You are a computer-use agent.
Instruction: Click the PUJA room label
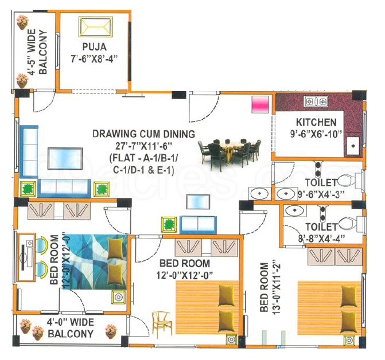pyautogui.click(x=94, y=46)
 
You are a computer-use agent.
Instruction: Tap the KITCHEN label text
pyautogui.click(x=316, y=122)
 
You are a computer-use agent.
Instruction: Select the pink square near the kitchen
pyautogui.click(x=260, y=104)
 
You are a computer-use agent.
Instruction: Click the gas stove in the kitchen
pyautogui.click(x=316, y=101)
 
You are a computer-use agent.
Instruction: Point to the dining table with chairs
pyautogui.click(x=230, y=154)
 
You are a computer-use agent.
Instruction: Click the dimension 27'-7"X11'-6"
pyautogui.click(x=143, y=146)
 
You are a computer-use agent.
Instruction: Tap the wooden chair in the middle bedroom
pyautogui.click(x=162, y=321)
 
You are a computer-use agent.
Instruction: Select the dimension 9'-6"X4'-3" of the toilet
pyautogui.click(x=321, y=194)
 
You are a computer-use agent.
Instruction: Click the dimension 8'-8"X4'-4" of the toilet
pyautogui.click(x=321, y=238)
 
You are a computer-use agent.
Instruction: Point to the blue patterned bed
pyautogui.click(x=95, y=262)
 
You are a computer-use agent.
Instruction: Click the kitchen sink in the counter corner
pyautogui.click(x=353, y=146)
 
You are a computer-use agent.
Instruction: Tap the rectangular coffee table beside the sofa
pyautogui.click(x=65, y=158)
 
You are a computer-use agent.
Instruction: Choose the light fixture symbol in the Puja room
pyautogui.click(x=96, y=27)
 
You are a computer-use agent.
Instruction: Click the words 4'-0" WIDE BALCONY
pyautogui.click(x=71, y=328)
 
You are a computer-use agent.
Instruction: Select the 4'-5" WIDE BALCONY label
pyautogui.click(x=37, y=52)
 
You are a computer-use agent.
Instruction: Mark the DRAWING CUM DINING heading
pyautogui.click(x=143, y=134)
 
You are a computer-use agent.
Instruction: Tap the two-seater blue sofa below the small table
pyautogui.click(x=198, y=225)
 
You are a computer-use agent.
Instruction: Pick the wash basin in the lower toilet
pyautogui.click(x=295, y=210)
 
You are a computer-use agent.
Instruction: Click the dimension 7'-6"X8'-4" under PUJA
pyautogui.click(x=94, y=58)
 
